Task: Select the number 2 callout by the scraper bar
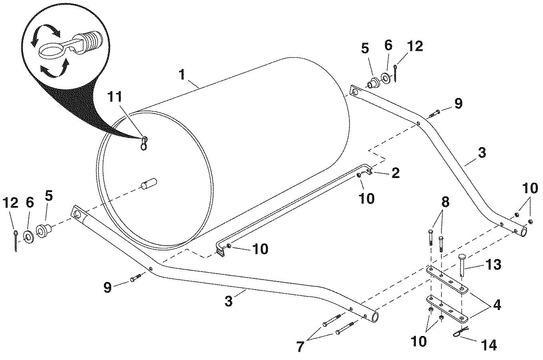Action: [x=395, y=174]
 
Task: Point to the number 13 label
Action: [x=493, y=264]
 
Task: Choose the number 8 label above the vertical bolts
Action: [x=445, y=202]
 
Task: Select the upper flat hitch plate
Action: [x=447, y=280]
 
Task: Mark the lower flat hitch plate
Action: [x=447, y=310]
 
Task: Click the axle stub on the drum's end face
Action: [x=149, y=183]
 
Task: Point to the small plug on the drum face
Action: [x=144, y=143]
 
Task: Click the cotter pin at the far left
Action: [x=16, y=241]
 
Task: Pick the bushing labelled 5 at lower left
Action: [x=44, y=231]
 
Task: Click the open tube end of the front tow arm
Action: [x=375, y=317]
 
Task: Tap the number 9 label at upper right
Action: [x=458, y=104]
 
